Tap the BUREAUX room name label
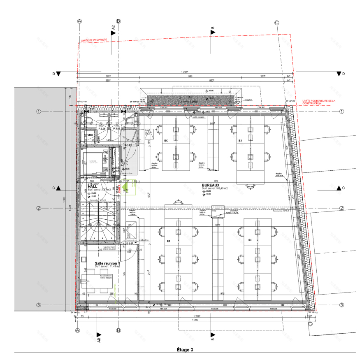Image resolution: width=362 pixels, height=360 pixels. pos(211,186)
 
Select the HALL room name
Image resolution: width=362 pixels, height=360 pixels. pos(93,186)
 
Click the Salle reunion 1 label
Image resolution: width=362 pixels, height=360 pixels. pos(107,263)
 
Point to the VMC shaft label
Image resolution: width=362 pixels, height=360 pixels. pos(90,135)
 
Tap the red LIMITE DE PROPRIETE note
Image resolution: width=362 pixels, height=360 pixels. pos(94,40)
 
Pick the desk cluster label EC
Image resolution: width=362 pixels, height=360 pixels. pos(166,141)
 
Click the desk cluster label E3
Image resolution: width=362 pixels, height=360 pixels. pos(240,141)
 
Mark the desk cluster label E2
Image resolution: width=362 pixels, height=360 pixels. pos(169,242)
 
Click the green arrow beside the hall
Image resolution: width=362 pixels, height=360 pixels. pos(130,192)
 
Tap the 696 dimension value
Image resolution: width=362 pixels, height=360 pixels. pos(190,77)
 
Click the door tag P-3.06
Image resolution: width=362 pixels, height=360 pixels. pos(116,129)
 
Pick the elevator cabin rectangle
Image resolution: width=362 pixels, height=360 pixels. pos(95,162)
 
